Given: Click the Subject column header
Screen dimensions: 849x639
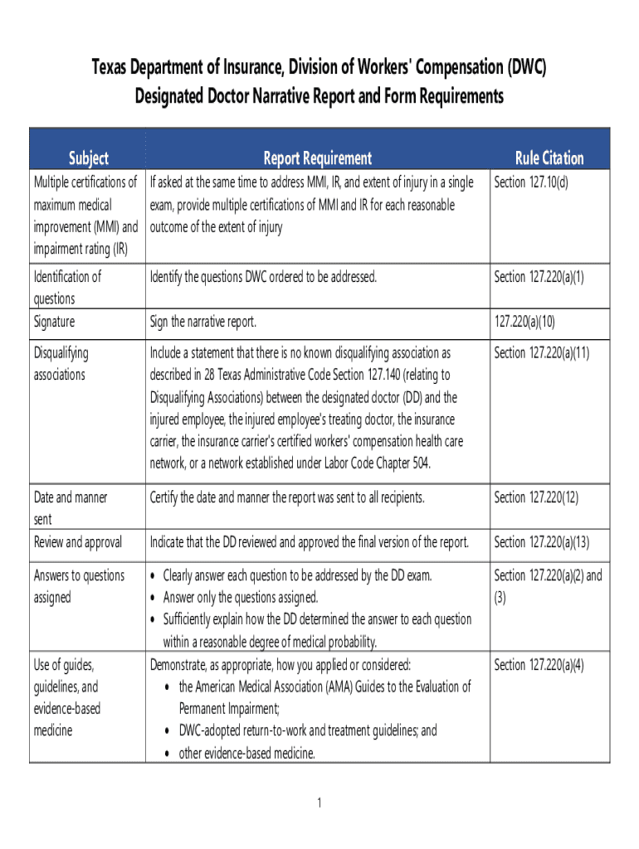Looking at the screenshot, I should click(x=88, y=158).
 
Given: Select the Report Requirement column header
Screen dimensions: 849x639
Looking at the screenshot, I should click(x=317, y=158).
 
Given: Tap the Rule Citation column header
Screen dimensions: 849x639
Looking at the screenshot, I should click(x=549, y=158).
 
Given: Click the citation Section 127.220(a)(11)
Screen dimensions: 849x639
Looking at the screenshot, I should click(x=541, y=353).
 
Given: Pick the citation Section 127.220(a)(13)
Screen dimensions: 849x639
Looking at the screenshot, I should click(x=541, y=542).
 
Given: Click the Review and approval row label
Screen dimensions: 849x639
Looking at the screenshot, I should click(x=78, y=542).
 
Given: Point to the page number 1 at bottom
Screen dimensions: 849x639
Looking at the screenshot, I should click(x=319, y=803).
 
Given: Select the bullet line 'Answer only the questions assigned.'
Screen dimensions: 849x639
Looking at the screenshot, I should click(x=240, y=598).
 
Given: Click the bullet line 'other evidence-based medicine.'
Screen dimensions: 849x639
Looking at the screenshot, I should click(x=246, y=754).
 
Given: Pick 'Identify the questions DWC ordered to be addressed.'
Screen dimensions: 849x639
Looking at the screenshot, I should click(x=263, y=277).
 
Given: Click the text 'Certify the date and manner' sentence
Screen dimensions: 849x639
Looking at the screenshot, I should click(x=286, y=497).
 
